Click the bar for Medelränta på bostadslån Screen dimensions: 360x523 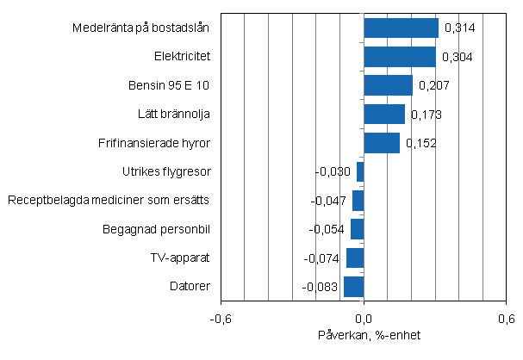pyautogui.click(x=401, y=28)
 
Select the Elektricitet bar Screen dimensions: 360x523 pyautogui.click(x=399, y=57)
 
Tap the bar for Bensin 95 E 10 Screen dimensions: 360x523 pyautogui.click(x=388, y=85)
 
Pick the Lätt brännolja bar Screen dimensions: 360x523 pyautogui.click(x=384, y=114)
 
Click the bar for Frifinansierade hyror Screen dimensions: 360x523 pyautogui.click(x=382, y=142)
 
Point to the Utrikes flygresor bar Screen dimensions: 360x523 pyautogui.click(x=360, y=171)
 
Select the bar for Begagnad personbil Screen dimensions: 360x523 pyautogui.click(x=358, y=228)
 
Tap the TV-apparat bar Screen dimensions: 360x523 pyautogui.click(x=355, y=257)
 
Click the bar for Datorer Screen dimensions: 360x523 pyautogui.click(x=353, y=285)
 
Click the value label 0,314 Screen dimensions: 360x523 pyautogui.click(x=459, y=28)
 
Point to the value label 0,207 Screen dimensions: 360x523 pyautogui.click(x=433, y=85)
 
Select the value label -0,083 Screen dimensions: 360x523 pyautogui.click(x=321, y=286)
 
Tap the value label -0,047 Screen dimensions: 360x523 pyautogui.click(x=327, y=201)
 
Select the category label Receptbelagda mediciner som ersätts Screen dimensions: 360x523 pyautogui.click(x=109, y=201)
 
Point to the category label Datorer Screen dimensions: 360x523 pyautogui.click(x=192, y=285)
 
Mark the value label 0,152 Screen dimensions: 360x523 pyautogui.click(x=420, y=143)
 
